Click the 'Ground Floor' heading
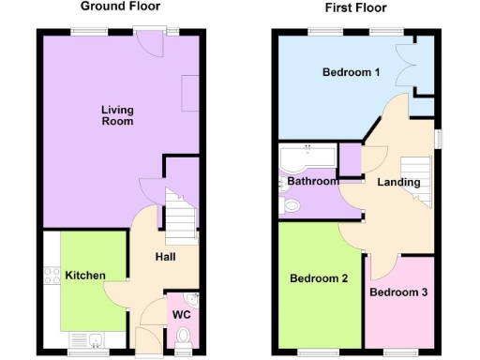[118, 7]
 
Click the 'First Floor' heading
[355, 8]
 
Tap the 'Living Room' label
[117, 115]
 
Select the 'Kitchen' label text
[84, 276]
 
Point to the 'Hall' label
[164, 257]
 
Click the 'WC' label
[181, 314]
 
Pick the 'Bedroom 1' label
[351, 73]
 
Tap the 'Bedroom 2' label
[319, 278]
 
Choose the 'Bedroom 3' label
[397, 292]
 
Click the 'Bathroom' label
[311, 181]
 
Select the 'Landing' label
[398, 183]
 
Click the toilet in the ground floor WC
[184, 336]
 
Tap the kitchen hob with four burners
[50, 278]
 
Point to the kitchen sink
[96, 339]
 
